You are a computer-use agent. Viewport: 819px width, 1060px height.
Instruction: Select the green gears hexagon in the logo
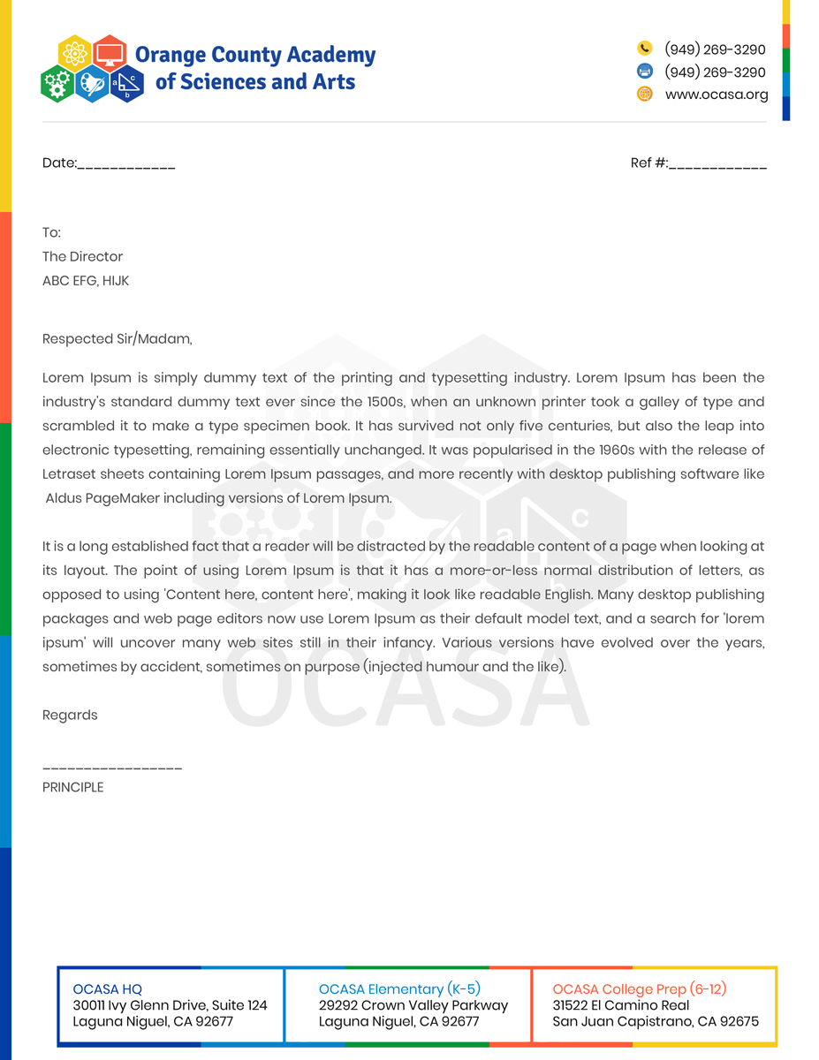tap(57, 84)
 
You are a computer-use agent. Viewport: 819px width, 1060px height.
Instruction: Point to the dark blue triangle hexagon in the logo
tap(127, 84)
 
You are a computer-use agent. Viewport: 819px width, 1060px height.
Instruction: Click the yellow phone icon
tap(645, 49)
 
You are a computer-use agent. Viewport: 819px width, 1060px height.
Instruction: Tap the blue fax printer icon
tap(645, 72)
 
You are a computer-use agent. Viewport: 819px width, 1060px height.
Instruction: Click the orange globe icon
tap(645, 94)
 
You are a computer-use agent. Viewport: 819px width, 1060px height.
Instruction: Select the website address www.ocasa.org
tap(717, 95)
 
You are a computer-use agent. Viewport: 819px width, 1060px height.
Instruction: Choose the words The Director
tap(82, 256)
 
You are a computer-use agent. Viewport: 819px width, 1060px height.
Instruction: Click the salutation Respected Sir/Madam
tap(117, 338)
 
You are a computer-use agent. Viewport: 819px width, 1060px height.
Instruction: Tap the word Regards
tap(70, 715)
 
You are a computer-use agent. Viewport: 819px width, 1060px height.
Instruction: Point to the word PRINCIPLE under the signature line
tap(72, 787)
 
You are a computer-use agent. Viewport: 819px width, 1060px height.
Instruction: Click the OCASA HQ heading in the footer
tap(107, 989)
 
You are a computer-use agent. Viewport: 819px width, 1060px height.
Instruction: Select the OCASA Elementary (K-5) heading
tap(399, 989)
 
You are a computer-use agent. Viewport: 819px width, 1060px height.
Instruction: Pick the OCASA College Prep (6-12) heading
tap(640, 989)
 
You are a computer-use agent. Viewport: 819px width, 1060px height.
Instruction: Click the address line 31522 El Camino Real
tap(621, 1005)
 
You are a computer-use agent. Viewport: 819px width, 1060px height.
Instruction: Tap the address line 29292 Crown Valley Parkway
tap(413, 1005)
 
